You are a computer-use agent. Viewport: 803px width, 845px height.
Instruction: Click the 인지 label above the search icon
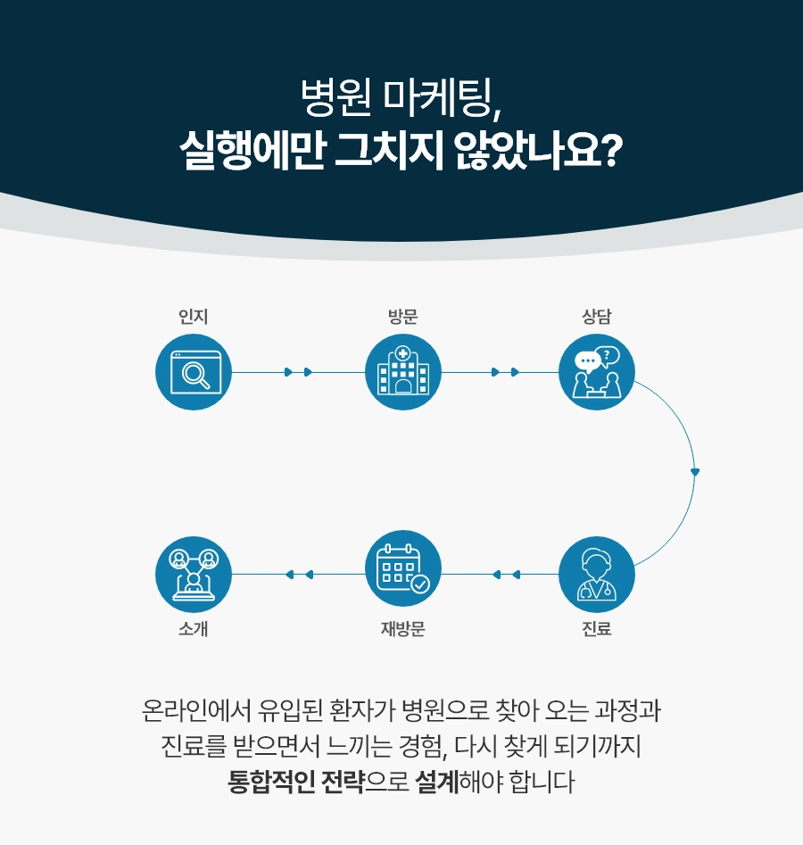click(x=194, y=316)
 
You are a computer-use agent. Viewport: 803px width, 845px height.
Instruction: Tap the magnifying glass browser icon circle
click(x=194, y=372)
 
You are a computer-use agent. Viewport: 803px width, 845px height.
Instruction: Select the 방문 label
click(x=403, y=316)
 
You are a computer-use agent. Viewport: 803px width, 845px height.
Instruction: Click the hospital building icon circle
click(x=403, y=372)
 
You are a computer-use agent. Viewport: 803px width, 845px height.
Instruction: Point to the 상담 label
click(x=596, y=316)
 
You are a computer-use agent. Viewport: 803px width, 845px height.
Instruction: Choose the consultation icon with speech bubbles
click(x=596, y=372)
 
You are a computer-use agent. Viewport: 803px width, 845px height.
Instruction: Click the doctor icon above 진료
click(x=596, y=574)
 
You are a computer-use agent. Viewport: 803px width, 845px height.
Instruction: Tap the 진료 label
click(x=596, y=629)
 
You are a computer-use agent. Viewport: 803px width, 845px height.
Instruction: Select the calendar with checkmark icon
click(x=403, y=574)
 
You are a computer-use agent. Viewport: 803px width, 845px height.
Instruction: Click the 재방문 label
click(x=403, y=629)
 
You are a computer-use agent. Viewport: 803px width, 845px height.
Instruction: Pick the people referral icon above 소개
click(x=194, y=574)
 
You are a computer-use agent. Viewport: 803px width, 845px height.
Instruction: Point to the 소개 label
click(x=194, y=629)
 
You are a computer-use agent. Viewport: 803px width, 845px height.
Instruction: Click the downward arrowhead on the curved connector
click(x=695, y=471)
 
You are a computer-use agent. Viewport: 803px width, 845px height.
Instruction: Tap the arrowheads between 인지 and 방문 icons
click(x=298, y=372)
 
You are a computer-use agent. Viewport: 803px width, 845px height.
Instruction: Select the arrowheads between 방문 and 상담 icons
click(x=505, y=372)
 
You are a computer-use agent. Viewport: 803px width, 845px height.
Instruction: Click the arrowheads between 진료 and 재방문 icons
click(x=505, y=574)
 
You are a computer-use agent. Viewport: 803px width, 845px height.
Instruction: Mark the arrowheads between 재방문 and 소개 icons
click(x=299, y=574)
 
